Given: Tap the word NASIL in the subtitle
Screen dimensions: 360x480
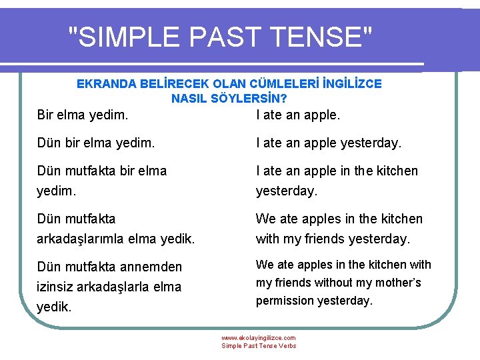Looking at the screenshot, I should (189, 98).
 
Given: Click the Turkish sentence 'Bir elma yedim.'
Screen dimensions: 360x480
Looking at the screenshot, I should (83, 115).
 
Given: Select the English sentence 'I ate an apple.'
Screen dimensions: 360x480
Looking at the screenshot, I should (298, 115).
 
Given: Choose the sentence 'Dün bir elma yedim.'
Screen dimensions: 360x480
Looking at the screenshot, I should (96, 143).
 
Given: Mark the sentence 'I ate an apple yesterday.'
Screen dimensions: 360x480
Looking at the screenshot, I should (329, 143).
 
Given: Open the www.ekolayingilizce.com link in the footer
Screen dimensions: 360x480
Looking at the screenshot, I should (259, 338).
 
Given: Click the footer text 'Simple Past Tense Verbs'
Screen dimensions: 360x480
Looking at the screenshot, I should (259, 346).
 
